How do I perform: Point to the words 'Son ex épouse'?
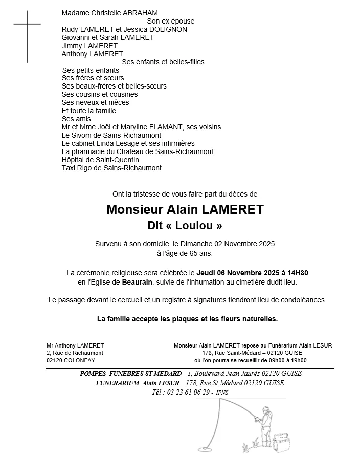[170, 21]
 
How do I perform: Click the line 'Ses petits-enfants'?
[91, 70]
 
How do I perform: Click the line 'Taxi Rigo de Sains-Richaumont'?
[111, 168]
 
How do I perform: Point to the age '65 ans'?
[199, 253]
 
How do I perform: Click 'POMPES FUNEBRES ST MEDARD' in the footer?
[131, 374]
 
